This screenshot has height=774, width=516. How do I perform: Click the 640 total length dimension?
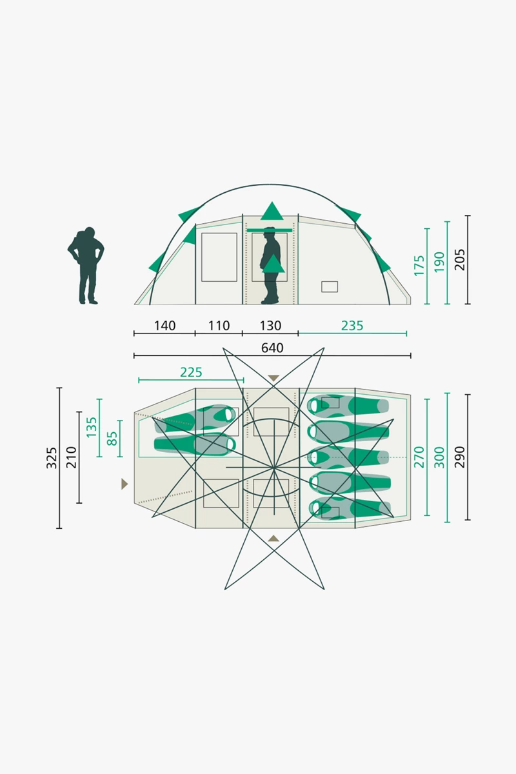point(272,348)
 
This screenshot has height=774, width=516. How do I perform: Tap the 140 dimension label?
point(165,326)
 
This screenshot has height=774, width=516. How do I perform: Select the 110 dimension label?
point(219,326)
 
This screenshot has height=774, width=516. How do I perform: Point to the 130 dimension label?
point(270,326)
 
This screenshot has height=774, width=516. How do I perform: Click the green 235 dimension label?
point(352,326)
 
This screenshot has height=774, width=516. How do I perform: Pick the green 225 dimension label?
point(191,372)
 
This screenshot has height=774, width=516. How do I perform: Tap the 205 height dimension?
point(460,259)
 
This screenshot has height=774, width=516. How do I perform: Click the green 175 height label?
point(419,265)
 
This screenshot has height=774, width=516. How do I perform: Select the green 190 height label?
point(439,262)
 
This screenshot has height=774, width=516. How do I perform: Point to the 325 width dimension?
point(51,458)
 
